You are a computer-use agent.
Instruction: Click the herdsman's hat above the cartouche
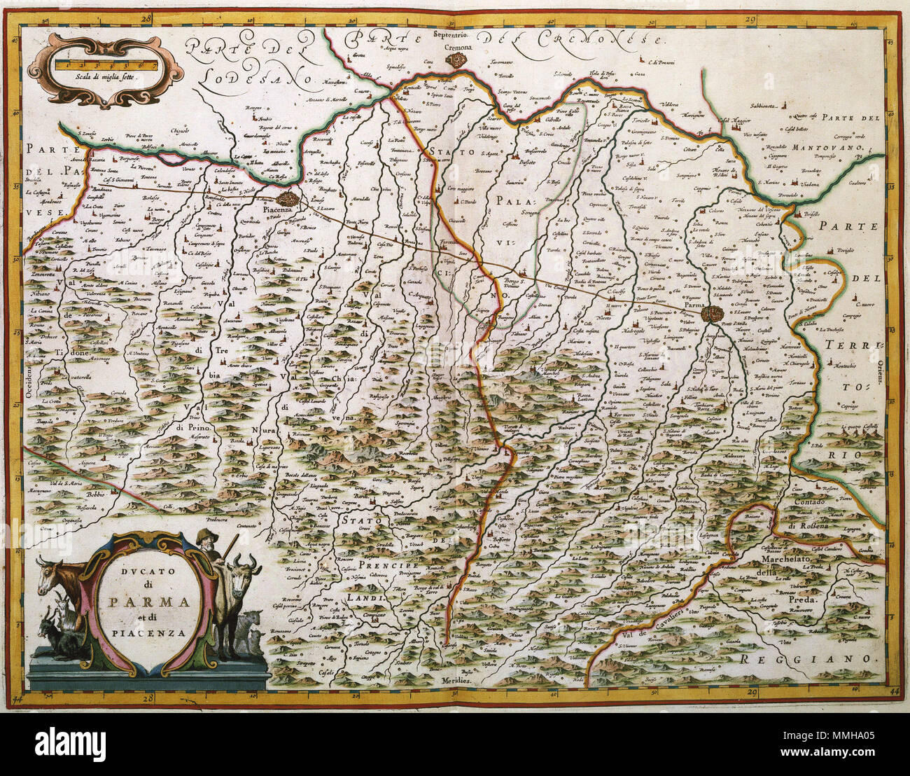pos(204,535)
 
